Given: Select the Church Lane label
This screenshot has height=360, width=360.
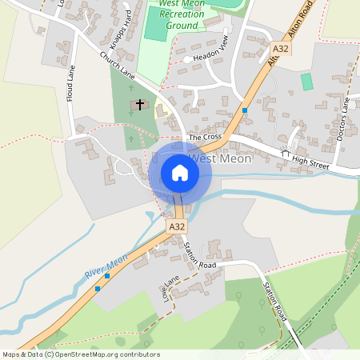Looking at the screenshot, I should (116, 68).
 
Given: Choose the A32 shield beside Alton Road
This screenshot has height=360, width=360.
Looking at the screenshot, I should (279, 50).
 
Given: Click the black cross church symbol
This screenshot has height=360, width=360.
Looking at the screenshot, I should (140, 105).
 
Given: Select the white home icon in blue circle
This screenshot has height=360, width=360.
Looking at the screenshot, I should (180, 173).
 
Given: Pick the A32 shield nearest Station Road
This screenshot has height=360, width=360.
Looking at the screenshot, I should (177, 227).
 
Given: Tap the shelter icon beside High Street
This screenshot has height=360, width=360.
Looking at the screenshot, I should (285, 152).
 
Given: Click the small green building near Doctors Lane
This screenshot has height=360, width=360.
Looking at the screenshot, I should (306, 81).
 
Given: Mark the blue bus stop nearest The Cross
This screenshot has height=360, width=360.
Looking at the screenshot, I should (245, 110).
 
